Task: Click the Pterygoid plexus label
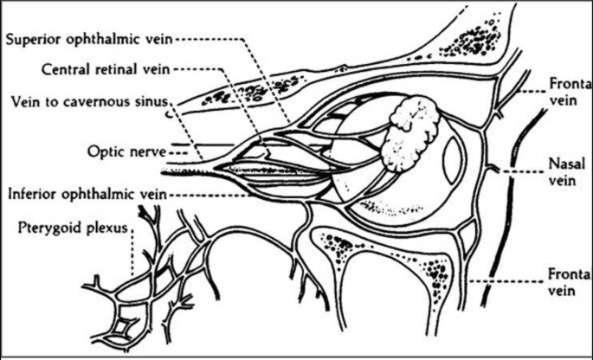coord(67,229)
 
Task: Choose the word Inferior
coord(31,192)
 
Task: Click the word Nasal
coord(562,163)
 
